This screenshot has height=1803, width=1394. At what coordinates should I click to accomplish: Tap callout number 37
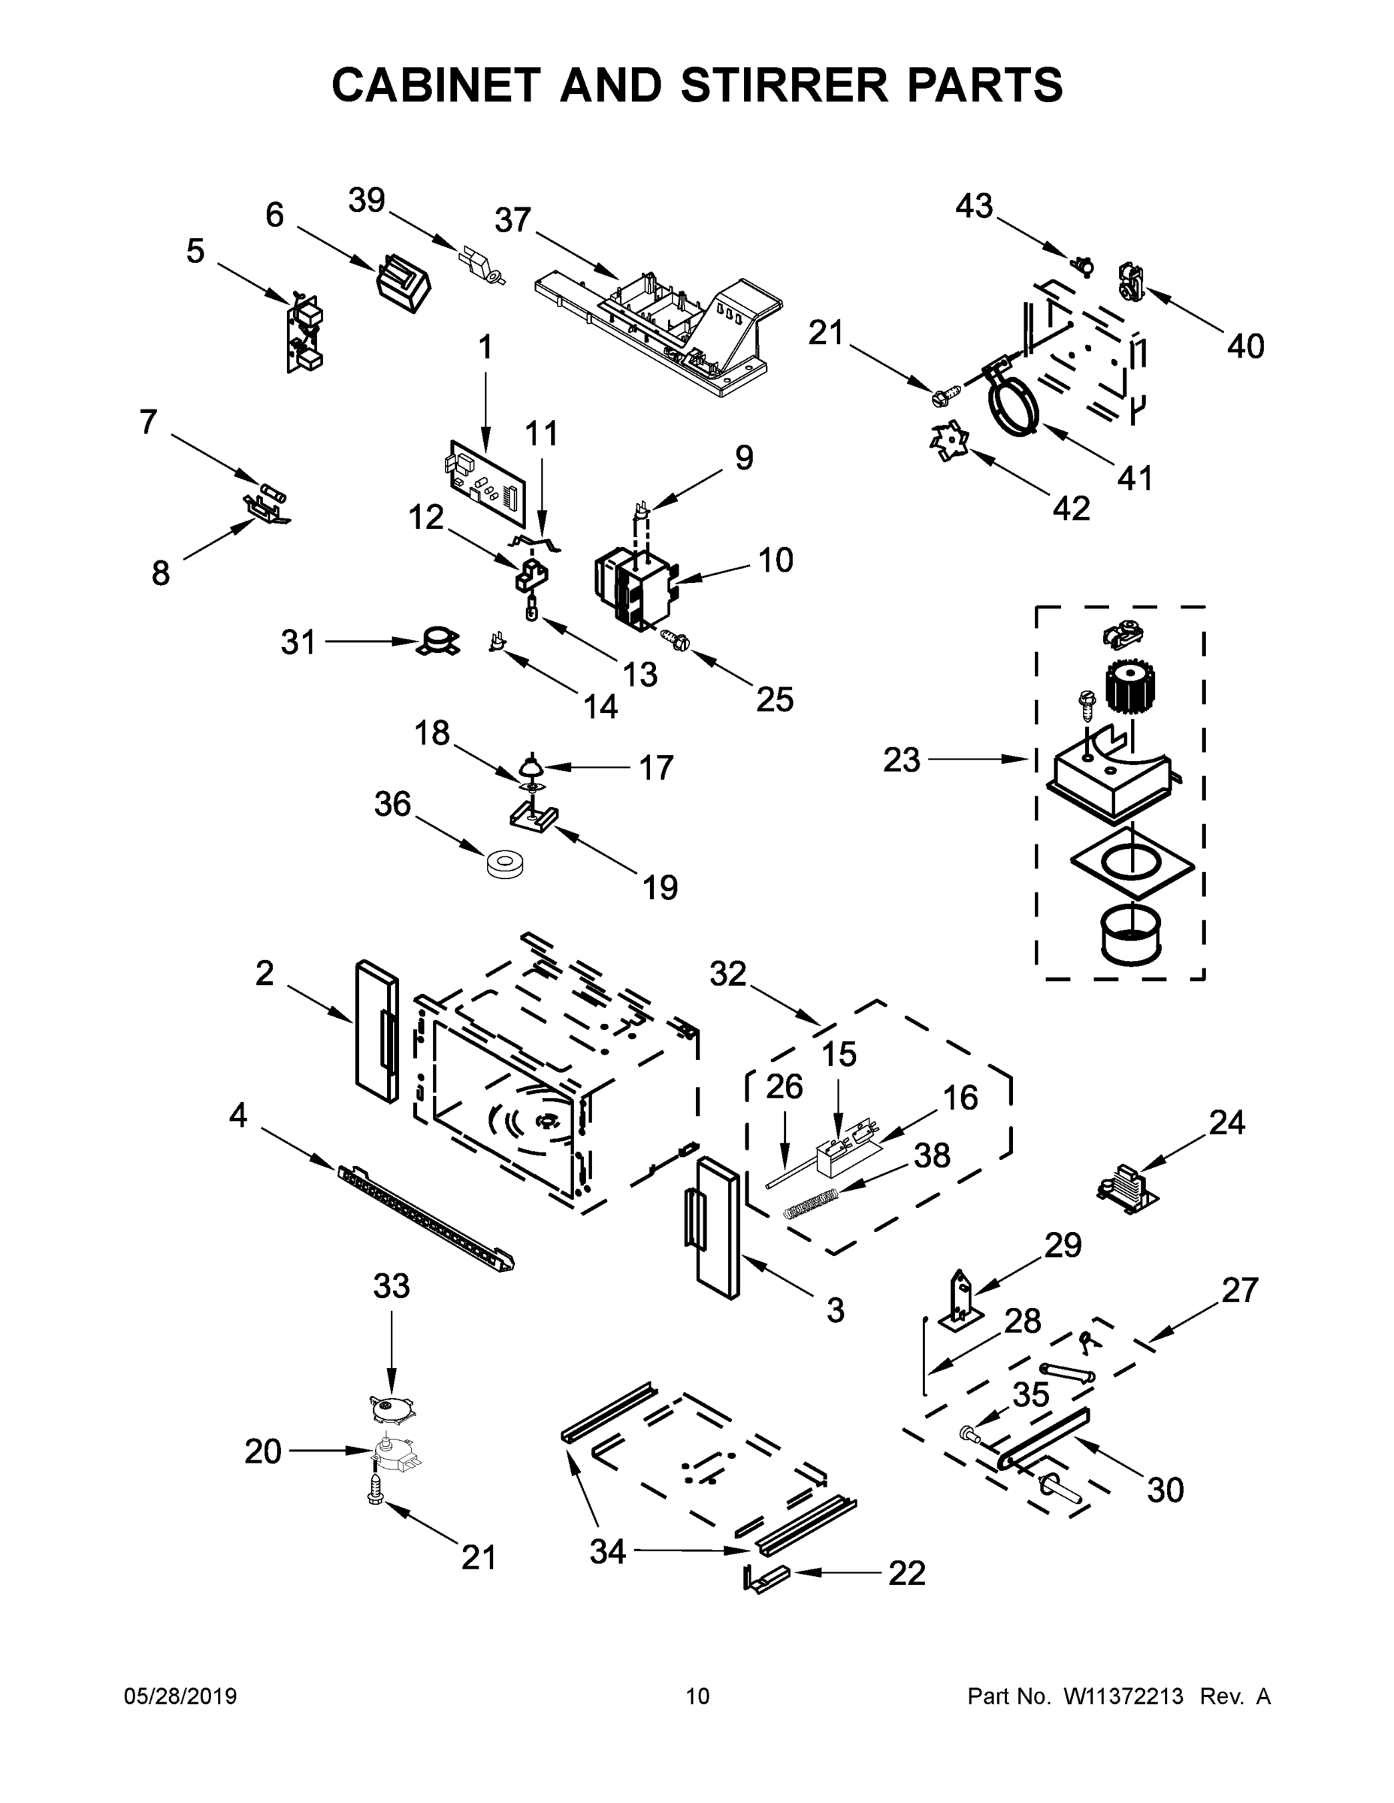512,222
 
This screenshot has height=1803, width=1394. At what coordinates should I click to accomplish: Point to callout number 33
392,1285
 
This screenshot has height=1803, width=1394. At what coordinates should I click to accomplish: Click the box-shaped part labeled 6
403,284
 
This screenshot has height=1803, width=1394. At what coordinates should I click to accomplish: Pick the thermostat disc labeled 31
436,642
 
